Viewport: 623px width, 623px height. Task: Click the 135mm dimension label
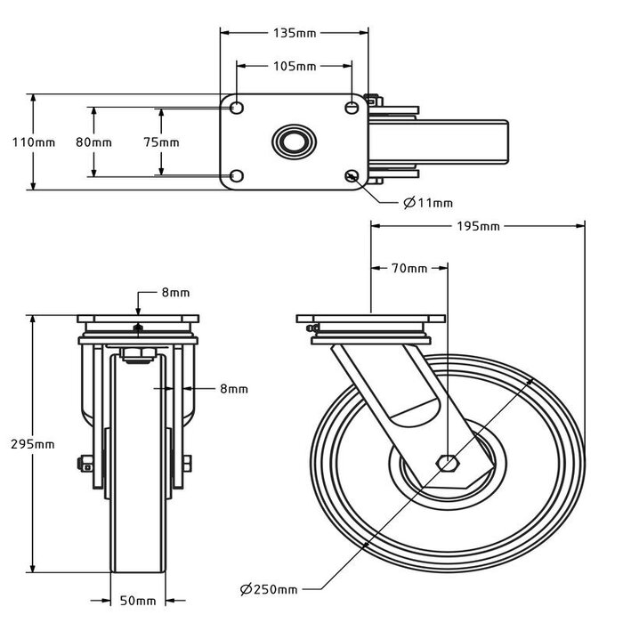tap(295, 33)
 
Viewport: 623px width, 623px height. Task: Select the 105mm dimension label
tap(294, 67)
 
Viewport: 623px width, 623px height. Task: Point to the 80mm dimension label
tap(93, 142)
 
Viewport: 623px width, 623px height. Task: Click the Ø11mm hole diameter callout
tap(428, 203)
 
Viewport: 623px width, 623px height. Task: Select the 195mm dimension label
tap(477, 226)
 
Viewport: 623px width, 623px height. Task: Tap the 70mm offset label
tap(409, 268)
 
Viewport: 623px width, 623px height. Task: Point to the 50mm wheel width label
tap(140, 601)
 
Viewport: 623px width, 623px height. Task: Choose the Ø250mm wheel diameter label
tap(269, 589)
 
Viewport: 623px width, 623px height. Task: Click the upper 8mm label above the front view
tap(175, 293)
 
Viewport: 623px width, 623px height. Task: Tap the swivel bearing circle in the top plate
tap(293, 142)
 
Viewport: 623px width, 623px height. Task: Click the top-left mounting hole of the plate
tap(237, 108)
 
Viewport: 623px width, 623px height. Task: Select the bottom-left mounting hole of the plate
tap(237, 175)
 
